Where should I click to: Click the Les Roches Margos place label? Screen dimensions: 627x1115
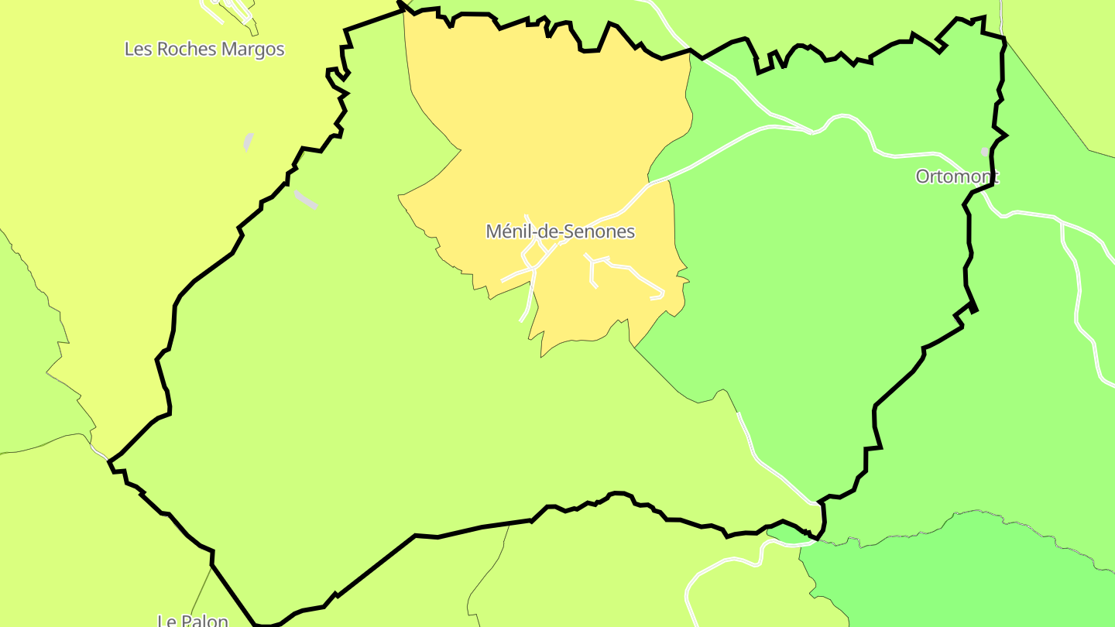click(x=204, y=50)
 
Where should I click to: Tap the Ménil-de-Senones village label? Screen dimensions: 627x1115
click(x=560, y=231)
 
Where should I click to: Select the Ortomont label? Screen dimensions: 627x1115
click(x=957, y=176)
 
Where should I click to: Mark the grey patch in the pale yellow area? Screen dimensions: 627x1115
click(x=249, y=142)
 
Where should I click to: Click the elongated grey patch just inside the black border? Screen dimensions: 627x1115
click(x=306, y=200)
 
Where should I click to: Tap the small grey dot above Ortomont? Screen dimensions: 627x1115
click(x=985, y=152)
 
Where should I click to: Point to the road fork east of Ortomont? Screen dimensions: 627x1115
click(x=1062, y=224)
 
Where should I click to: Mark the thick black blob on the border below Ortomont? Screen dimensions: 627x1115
click(x=973, y=308)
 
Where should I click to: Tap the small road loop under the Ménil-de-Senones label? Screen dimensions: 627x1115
click(x=531, y=255)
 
